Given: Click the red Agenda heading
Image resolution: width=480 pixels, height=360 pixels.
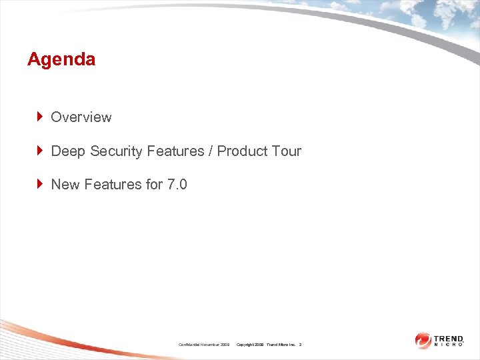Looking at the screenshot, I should [61, 59].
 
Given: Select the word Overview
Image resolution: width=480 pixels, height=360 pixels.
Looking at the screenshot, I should [81, 117].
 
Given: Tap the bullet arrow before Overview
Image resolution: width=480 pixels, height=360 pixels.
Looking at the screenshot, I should [40, 117].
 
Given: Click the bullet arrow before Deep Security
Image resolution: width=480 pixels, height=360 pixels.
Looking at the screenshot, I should [40, 151].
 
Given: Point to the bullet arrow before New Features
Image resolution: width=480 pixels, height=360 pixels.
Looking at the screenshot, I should [40, 184].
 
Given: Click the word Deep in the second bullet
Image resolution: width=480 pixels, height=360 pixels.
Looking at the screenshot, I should [68, 151].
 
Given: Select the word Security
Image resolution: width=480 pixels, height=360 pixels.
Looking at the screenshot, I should [116, 151].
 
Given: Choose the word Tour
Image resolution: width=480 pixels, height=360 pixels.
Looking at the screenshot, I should [287, 151].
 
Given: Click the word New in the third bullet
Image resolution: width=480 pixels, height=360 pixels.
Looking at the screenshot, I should [65, 185].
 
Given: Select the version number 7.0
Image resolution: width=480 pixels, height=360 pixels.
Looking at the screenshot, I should [177, 185].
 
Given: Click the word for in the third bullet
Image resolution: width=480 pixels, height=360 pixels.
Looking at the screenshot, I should [153, 185].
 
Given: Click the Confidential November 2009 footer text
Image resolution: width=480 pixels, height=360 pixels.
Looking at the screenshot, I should [204, 345].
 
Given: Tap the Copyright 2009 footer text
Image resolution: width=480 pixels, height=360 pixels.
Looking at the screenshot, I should [251, 345].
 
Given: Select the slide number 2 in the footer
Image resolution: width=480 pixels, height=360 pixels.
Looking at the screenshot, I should [300, 345].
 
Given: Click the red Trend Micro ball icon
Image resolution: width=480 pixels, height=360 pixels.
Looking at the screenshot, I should [423, 340].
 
